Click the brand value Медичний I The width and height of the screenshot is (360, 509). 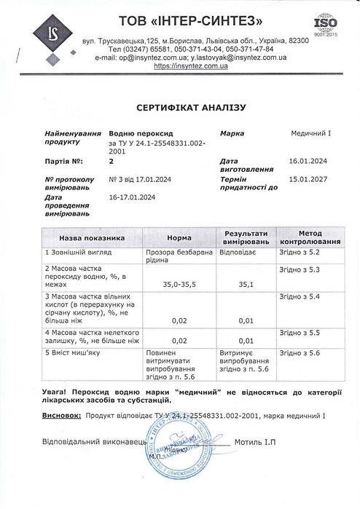pos(312,135)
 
